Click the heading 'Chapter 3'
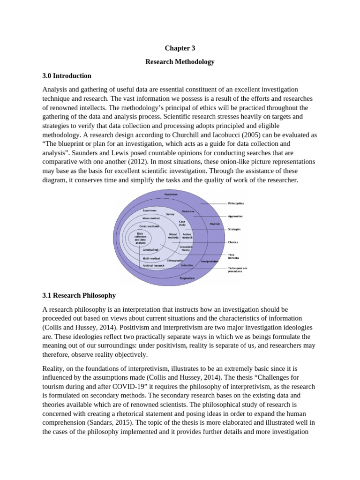pyautogui.click(x=180, y=48)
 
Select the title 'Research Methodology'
pyautogui.click(x=180, y=61)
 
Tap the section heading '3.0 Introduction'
pyautogui.click(x=67, y=75)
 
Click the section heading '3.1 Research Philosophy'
pyautogui.click(x=79, y=295)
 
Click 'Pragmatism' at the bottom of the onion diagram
pyautogui.click(x=187, y=278)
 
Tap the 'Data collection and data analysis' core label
pyautogui.click(x=140, y=238)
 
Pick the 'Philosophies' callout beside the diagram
pyautogui.click(x=236, y=203)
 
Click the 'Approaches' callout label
pyautogui.click(x=235, y=216)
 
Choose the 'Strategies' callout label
pyautogui.click(x=234, y=229)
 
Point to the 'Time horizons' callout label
pyautogui.click(x=234, y=256)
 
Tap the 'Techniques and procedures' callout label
pyautogui.click(x=238, y=270)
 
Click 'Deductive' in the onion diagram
pyautogui.click(x=188, y=211)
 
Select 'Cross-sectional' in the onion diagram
pyautogui.click(x=150, y=225)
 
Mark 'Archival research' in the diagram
pyautogui.click(x=154, y=265)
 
